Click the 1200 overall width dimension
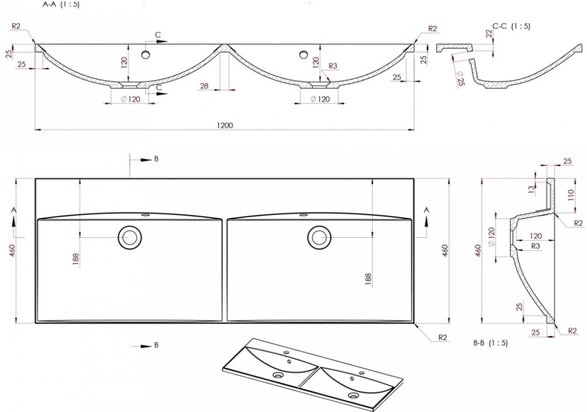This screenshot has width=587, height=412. click(225, 125)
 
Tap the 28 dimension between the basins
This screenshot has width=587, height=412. click(204, 86)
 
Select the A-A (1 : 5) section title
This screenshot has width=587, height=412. click(61, 5)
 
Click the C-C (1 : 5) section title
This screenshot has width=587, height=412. click(511, 26)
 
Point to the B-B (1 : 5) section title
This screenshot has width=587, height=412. click(490, 343)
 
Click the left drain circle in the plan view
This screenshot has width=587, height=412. click(130, 237)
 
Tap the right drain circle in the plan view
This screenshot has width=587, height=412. click(319, 237)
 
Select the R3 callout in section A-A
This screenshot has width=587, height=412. click(333, 66)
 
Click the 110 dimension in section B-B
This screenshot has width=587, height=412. click(571, 195)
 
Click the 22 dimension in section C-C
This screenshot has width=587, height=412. click(489, 33)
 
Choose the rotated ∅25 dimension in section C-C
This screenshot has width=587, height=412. click(460, 79)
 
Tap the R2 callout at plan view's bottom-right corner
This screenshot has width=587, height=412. click(443, 337)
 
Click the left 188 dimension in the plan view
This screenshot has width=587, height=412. click(76, 259)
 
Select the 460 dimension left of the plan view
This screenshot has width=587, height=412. click(12, 251)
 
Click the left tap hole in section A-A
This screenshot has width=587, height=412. click(146, 55)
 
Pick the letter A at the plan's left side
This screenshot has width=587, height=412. click(14, 210)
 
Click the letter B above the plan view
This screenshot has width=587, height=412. click(156, 158)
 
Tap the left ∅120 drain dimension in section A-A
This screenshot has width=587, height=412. click(131, 99)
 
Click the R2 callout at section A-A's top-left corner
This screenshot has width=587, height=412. click(16, 26)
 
